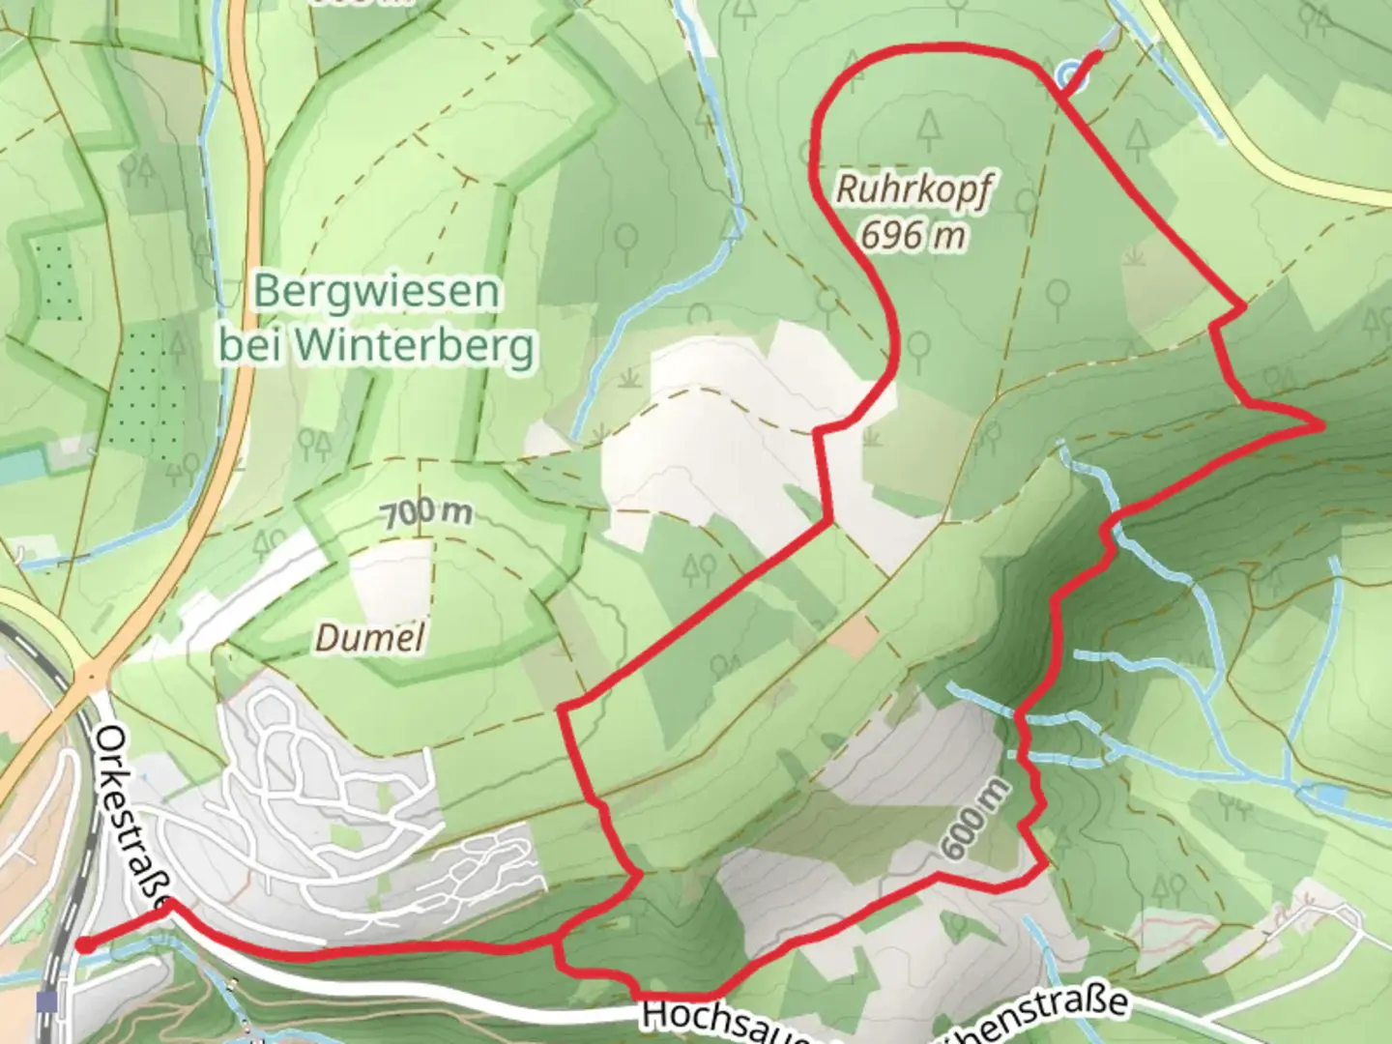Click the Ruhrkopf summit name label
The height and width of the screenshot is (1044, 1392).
[913, 190]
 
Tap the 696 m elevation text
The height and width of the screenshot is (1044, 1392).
[913, 235]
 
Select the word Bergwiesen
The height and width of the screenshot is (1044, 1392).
[376, 292]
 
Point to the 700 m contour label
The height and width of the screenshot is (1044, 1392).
[426, 513]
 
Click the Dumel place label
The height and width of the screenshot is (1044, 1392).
[370, 638]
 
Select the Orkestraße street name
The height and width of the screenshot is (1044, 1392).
[131, 818]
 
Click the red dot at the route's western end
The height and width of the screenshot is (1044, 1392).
[85, 945]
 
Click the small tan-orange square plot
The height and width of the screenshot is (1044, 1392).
[853, 634]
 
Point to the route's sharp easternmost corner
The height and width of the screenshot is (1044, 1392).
[1320, 424]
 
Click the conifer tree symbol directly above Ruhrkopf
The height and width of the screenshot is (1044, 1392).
[929, 127]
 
